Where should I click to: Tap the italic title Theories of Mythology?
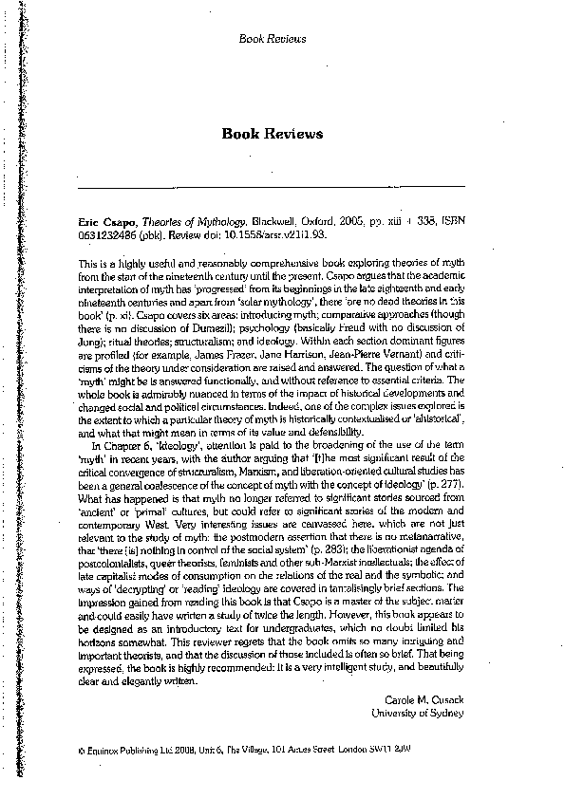click(x=188, y=216)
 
